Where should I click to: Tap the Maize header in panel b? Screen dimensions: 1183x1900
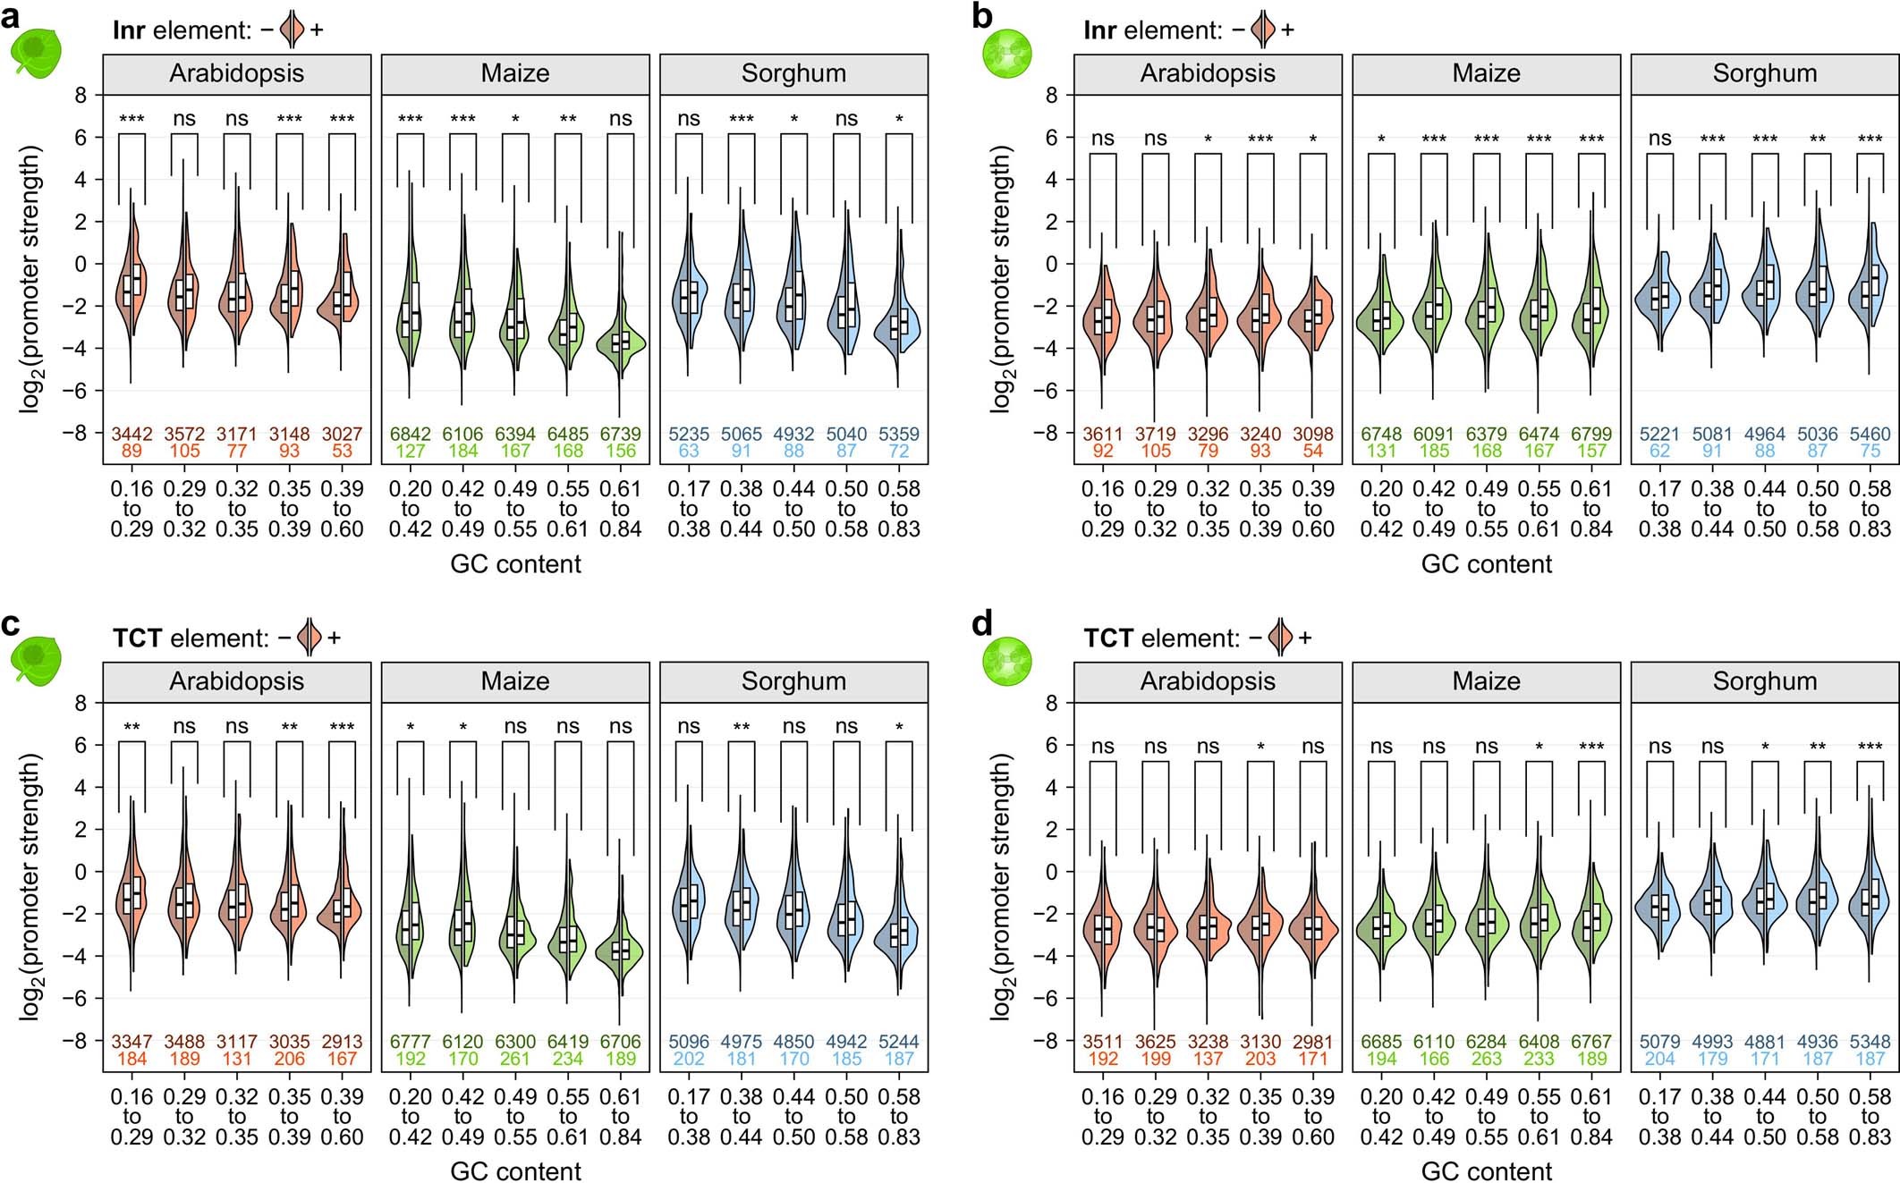pos(1486,73)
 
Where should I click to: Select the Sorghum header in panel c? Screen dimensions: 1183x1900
pos(793,681)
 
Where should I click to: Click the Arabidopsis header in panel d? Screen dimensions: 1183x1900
pos(1208,681)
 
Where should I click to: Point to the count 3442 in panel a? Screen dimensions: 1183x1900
pos(131,435)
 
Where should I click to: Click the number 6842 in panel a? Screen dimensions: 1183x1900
pos(410,435)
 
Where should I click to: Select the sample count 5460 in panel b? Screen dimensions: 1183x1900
pos(1870,435)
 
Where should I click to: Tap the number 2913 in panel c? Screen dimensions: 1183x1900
pos(342,1043)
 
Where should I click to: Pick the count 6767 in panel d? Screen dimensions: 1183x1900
pos(1590,1043)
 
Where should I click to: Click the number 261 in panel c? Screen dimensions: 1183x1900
pos(515,1059)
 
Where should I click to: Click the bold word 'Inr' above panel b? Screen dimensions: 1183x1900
pos(1099,30)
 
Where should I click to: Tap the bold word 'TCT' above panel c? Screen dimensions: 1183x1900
pos(137,638)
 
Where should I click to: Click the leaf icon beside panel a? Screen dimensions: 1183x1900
pos(36,54)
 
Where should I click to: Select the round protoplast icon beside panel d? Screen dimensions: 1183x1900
pos(1006,661)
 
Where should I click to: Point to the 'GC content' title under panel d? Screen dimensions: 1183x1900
pos(1486,1170)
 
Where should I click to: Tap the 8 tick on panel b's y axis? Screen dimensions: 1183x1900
pos(1051,95)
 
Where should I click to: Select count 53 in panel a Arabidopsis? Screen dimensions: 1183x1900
pos(342,451)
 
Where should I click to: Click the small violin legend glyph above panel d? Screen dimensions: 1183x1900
pos(1280,638)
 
